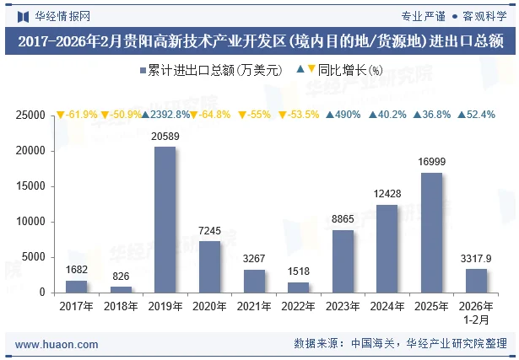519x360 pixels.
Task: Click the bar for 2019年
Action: (165, 219)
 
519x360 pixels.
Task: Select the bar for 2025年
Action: (431, 232)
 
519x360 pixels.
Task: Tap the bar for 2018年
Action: (121, 289)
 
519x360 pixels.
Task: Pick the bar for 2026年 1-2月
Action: (476, 280)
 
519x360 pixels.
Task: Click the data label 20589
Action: (165, 137)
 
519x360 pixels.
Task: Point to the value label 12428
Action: (387, 195)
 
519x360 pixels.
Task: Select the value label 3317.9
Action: (476, 258)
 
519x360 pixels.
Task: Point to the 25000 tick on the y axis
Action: (31, 116)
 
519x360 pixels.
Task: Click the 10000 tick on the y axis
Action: (31, 222)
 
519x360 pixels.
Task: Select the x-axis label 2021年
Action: (253, 306)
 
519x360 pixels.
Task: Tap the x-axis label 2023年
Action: (343, 306)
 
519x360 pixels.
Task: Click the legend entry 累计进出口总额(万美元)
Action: (209, 71)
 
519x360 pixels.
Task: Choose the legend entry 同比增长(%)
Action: (344, 71)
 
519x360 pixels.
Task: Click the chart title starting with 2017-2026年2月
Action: (259, 40)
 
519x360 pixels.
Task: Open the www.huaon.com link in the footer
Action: (57, 344)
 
